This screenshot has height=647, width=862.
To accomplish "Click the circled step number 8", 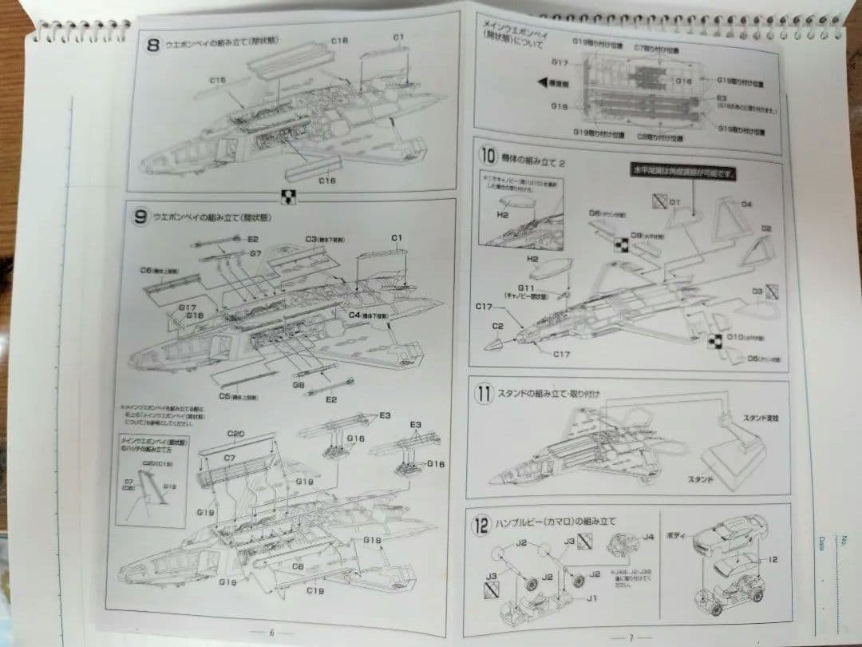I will pos(154,45).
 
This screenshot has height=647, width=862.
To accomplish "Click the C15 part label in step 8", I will pos(218,80).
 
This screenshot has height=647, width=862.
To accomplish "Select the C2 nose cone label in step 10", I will pos(498,326).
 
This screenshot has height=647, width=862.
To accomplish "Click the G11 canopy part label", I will pos(525,288).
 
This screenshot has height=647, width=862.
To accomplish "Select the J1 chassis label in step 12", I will pos(591,598).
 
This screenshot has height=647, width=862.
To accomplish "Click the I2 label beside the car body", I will pos(771,560).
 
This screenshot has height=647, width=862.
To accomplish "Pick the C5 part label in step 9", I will pos(231,395).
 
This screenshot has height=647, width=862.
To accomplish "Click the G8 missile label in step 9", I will pos(299,384).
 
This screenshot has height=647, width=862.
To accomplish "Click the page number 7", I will pos(630,637).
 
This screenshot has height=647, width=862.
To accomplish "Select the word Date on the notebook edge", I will pos(821,544).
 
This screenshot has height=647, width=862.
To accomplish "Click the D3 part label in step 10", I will pos(757,292).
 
